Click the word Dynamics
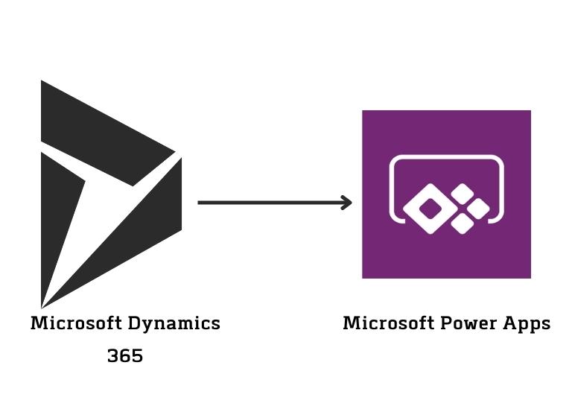coord(174,324)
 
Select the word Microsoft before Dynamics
coord(77,324)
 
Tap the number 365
coord(125,357)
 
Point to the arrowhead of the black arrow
coord(347,202)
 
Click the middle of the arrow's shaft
coord(272,202)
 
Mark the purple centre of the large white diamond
coord(430,209)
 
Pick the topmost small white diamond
coord(463,194)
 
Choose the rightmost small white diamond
coord(478,209)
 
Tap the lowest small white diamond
coord(463,224)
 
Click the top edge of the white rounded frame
coord(447,157)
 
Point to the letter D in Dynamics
coord(134,324)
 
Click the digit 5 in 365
coord(137,357)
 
